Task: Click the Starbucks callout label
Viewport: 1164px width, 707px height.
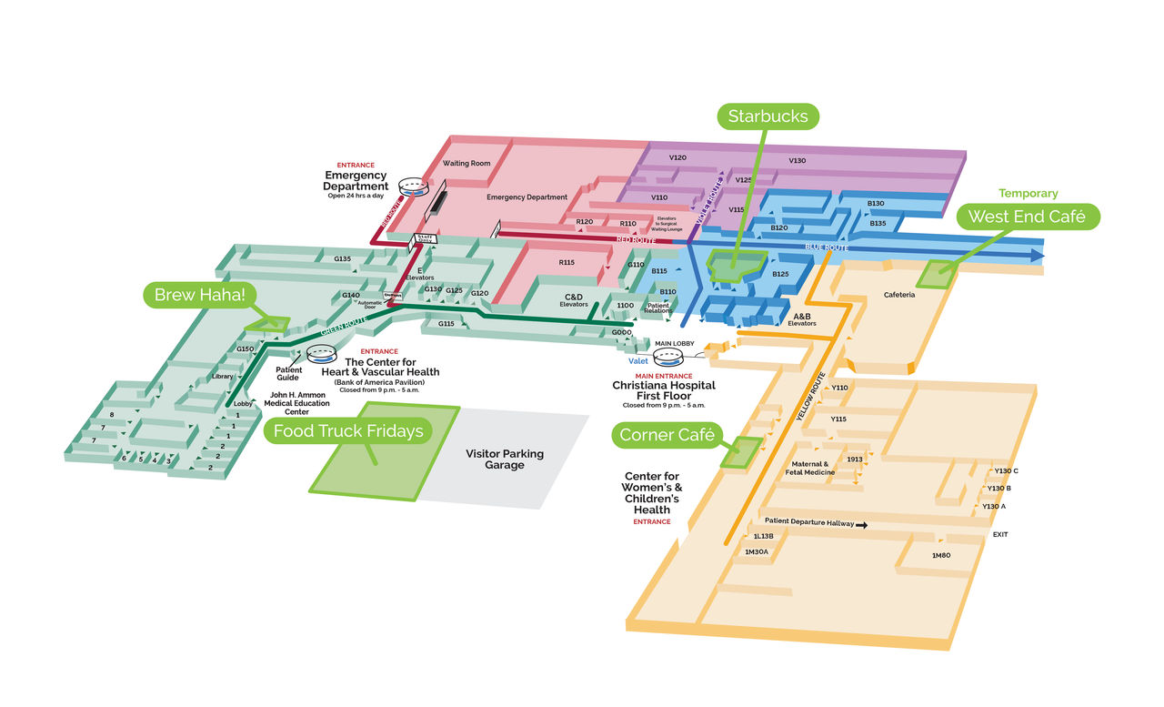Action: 768,116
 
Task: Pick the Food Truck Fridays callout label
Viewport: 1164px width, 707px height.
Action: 349,430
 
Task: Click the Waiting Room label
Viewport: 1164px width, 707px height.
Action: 467,164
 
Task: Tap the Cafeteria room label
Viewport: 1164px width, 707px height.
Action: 899,295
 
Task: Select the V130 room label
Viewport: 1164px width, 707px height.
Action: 797,161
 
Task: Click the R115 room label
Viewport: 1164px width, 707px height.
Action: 567,262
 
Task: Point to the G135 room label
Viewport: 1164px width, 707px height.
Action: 342,259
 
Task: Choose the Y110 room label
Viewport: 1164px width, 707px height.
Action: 839,388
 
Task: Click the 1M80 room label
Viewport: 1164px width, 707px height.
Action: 941,555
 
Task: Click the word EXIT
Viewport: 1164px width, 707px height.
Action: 1000,535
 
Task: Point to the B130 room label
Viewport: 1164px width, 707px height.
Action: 876,204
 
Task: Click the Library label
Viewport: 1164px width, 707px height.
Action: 223,376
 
